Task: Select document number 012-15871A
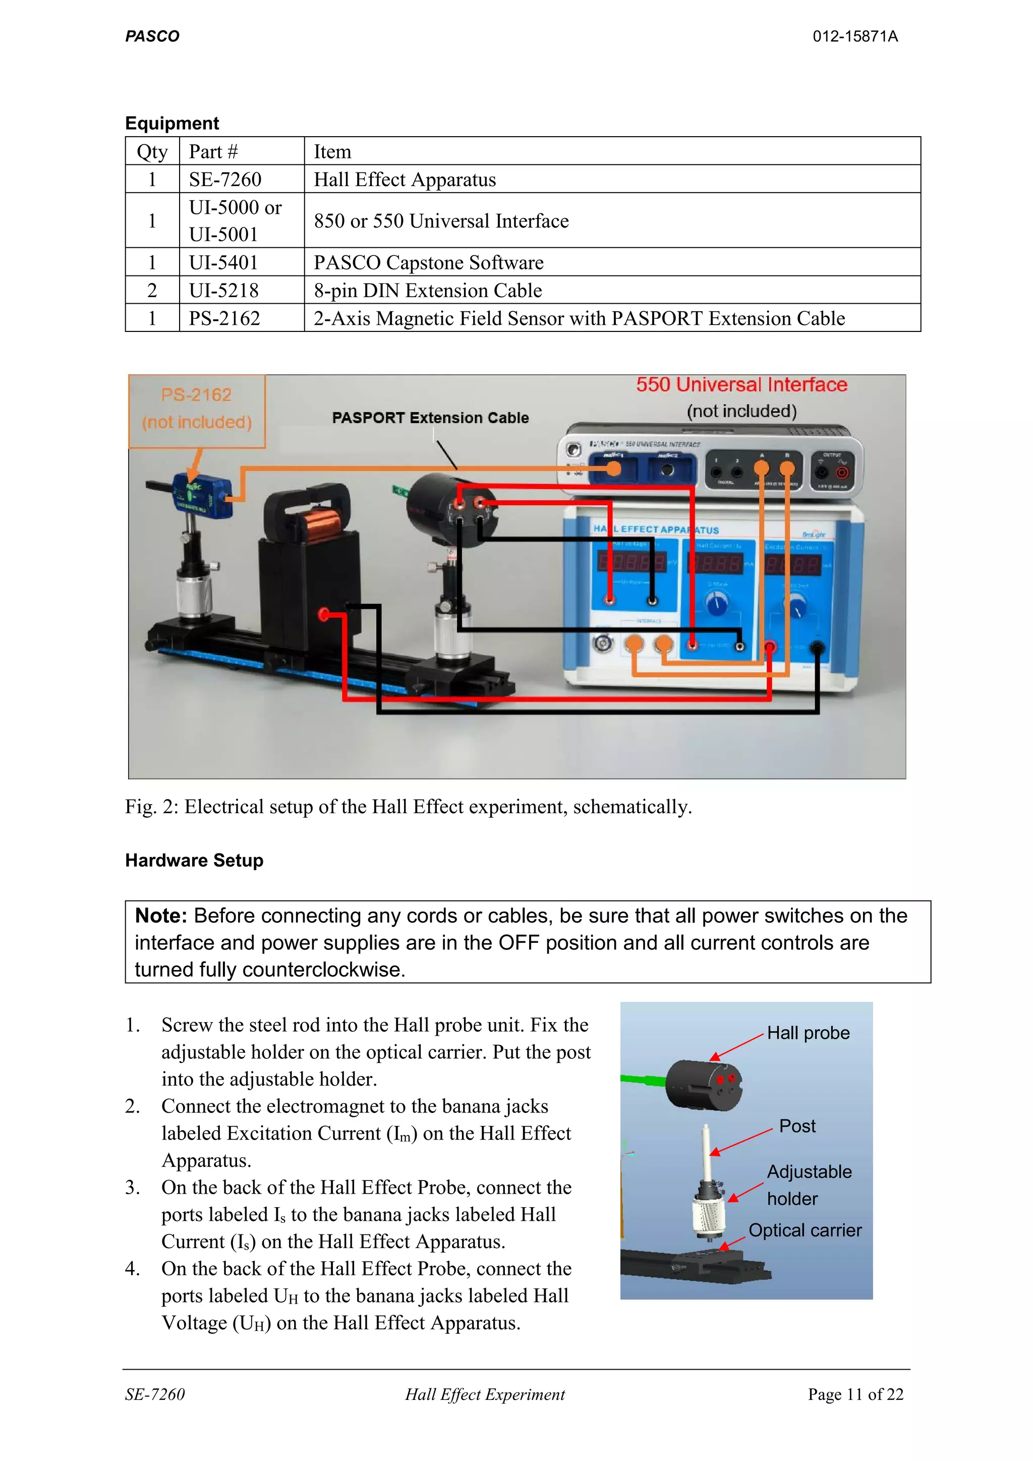click(x=854, y=36)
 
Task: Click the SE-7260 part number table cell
click(x=225, y=180)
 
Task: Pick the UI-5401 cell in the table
click(x=223, y=262)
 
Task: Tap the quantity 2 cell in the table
click(x=152, y=290)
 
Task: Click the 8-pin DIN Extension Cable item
click(x=427, y=290)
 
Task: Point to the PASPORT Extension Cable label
click(x=430, y=417)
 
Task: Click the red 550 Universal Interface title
click(x=741, y=385)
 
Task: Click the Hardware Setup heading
click(x=194, y=860)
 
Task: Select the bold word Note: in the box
click(x=161, y=916)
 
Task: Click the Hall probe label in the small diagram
click(x=808, y=1033)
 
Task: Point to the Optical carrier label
click(x=805, y=1230)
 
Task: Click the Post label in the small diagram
click(x=797, y=1127)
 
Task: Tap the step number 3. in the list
click(x=132, y=1188)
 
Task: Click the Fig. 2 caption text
click(x=408, y=807)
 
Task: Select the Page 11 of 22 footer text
click(x=855, y=1394)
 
